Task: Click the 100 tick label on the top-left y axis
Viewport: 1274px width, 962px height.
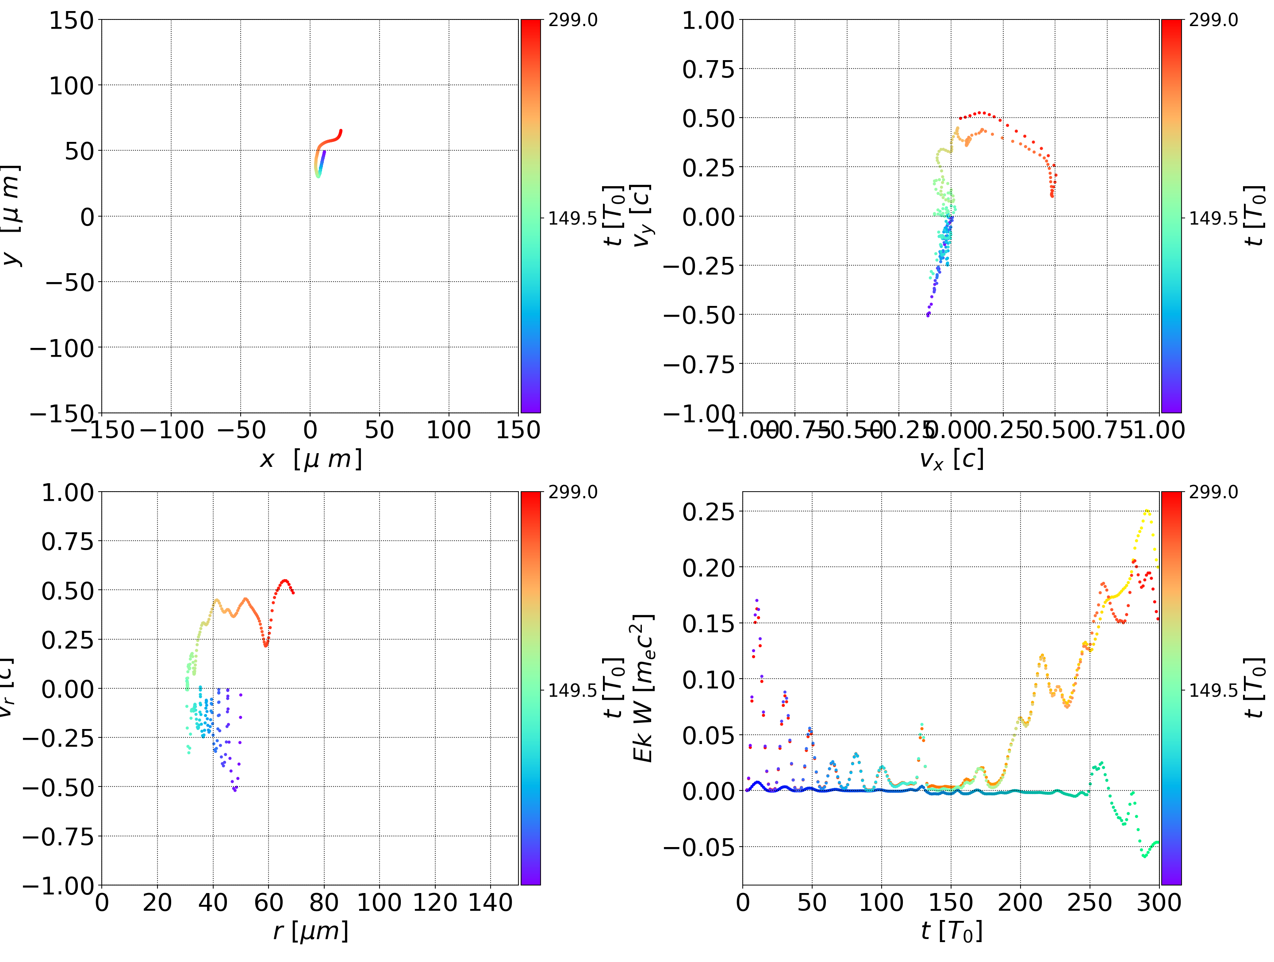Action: pos(71,86)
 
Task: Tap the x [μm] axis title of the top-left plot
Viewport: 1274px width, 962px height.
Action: pos(311,459)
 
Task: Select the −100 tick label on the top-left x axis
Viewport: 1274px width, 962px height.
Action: pos(172,430)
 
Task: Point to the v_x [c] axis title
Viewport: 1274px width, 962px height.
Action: pos(952,459)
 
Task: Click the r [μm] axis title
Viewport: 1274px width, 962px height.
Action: pos(311,931)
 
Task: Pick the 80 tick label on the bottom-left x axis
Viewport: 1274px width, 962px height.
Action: pos(324,902)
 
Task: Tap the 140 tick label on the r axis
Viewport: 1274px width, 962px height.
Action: pos(490,902)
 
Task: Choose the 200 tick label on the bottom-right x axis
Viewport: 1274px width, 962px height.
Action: pos(1020,902)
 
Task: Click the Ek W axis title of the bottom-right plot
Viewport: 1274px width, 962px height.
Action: pos(643,688)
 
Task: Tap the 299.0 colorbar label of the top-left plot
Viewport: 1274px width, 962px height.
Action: pos(572,20)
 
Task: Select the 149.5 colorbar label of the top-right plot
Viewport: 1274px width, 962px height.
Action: pos(1213,218)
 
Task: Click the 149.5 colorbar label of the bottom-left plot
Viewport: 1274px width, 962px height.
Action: pos(572,690)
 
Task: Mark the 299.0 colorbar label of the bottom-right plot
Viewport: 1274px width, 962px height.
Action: pos(1213,492)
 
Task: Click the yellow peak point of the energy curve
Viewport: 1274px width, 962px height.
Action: pos(1147,511)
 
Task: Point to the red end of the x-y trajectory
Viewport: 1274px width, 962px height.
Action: pos(340,131)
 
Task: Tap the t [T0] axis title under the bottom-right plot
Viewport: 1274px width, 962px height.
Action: pos(952,931)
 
